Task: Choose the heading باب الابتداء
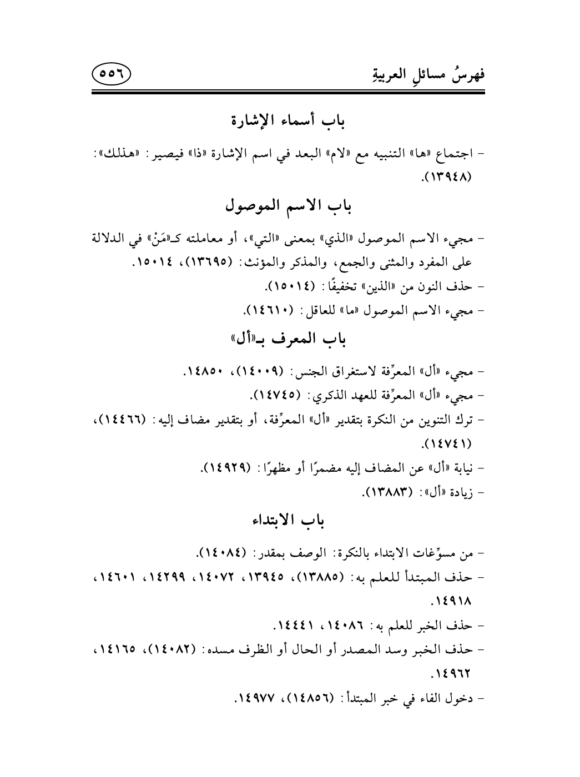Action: pos(290,520)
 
